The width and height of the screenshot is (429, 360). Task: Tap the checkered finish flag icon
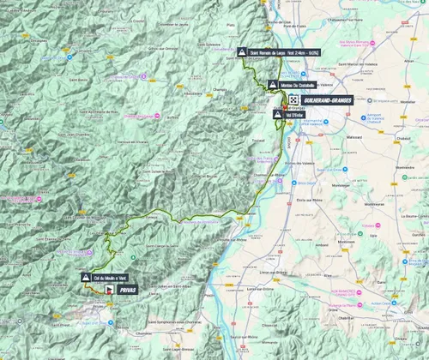pyautogui.click(x=293, y=100)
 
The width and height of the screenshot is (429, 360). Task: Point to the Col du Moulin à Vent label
pyautogui.click(x=112, y=277)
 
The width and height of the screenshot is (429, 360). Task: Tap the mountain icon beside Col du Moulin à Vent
pyautogui.click(x=86, y=277)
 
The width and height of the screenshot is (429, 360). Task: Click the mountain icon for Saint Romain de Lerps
pyautogui.click(x=241, y=51)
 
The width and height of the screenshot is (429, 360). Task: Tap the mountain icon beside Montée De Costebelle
pyautogui.click(x=273, y=85)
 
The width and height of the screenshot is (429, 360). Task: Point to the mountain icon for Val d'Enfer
pyautogui.click(x=276, y=114)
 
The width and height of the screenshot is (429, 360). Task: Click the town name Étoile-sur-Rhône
pyautogui.click(x=305, y=199)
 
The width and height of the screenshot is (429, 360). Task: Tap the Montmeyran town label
pyautogui.click(x=374, y=204)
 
